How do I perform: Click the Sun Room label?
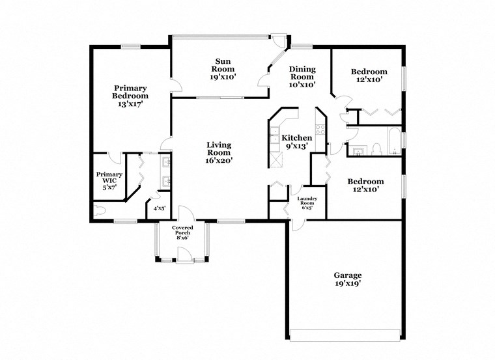tap(222, 69)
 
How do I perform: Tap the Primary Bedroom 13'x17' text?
tap(130, 96)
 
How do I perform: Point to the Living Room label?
tap(219, 152)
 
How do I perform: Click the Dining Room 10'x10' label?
tap(302, 76)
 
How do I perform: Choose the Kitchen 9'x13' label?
tap(296, 142)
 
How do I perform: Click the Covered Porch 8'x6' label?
tap(182, 232)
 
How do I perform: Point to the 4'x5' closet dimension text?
tap(159, 209)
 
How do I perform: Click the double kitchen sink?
tap(273, 138)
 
